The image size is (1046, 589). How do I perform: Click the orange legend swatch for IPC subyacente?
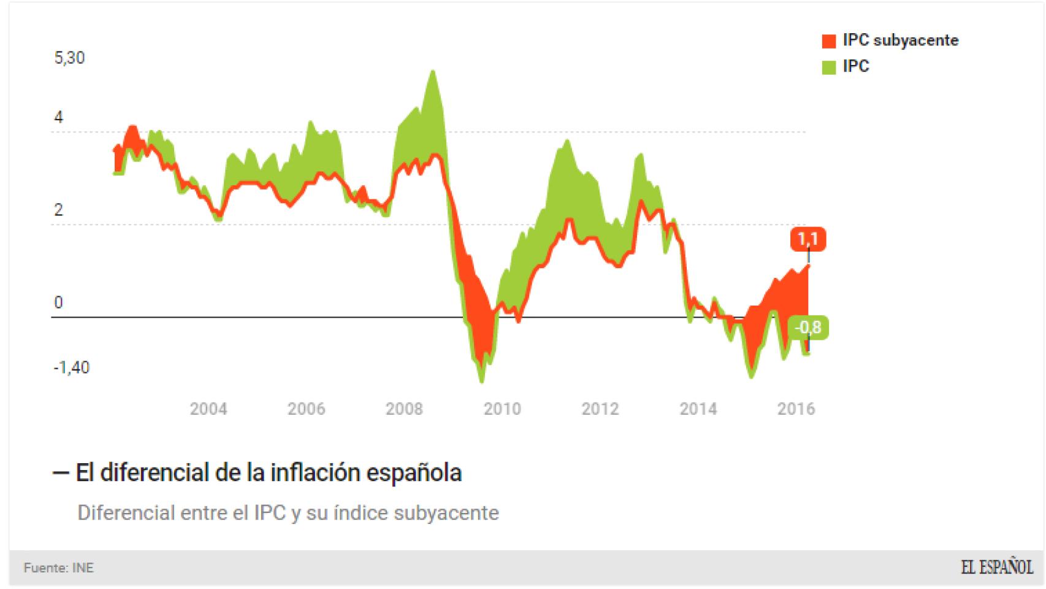coord(828,41)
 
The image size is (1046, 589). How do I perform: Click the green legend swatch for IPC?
coord(828,67)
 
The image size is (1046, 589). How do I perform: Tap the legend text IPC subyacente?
coord(900,40)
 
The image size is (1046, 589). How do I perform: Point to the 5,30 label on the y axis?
coord(69,58)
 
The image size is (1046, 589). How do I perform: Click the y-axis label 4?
coord(59,117)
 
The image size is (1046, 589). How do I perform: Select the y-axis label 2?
coord(59,210)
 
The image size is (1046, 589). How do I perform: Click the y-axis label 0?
coord(59,302)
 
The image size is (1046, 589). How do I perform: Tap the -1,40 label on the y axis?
coord(72,368)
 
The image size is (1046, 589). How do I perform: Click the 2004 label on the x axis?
coord(208,409)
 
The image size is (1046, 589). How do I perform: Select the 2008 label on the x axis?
coord(404,409)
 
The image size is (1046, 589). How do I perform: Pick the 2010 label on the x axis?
coord(502,409)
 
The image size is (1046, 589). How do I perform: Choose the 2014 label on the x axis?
coord(698,409)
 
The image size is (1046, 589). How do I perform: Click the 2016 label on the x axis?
coord(796,409)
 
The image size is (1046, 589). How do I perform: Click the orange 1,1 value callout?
coord(808,238)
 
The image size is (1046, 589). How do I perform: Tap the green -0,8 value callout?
coord(808,328)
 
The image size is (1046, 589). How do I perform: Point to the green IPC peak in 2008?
coord(433,72)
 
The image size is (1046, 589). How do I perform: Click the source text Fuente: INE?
coord(59,568)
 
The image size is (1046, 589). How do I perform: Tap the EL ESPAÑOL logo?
coord(996,568)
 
